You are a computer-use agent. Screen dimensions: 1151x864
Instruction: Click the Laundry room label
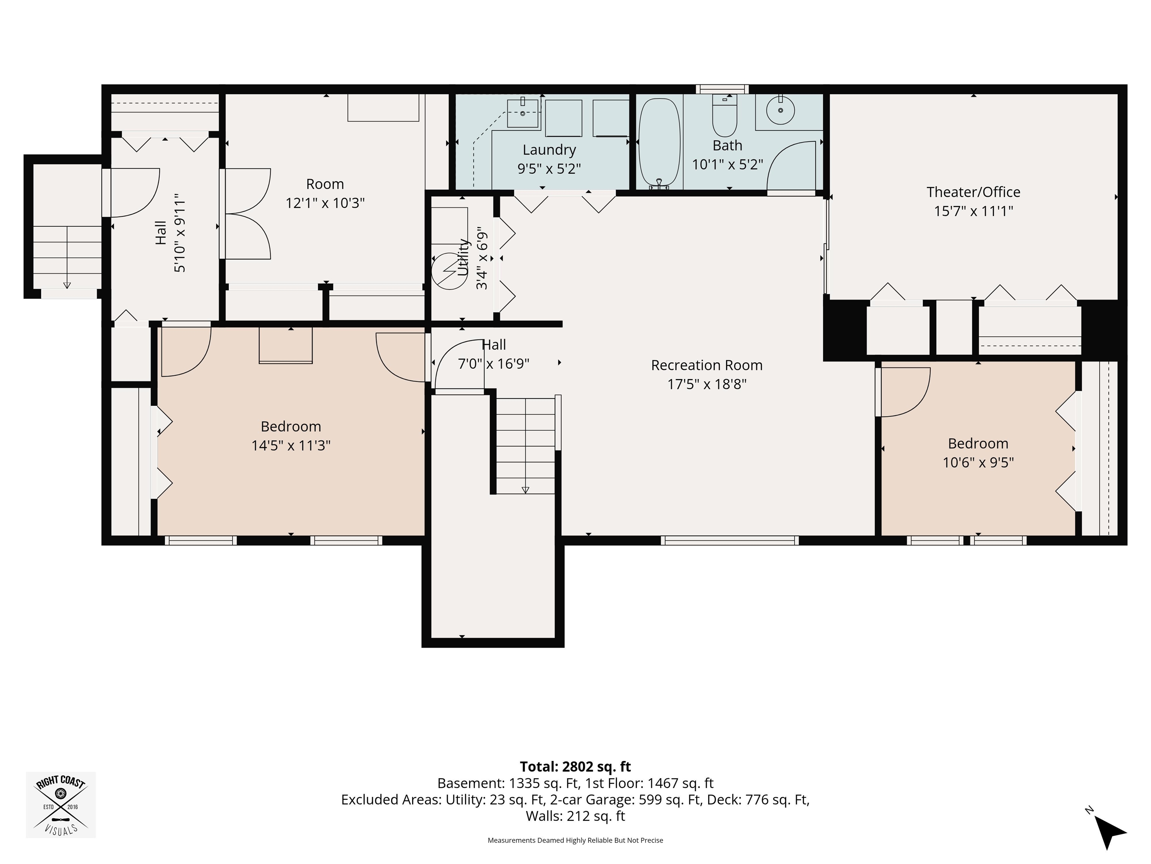click(549, 150)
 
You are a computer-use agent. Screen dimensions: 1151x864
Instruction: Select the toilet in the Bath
click(724, 115)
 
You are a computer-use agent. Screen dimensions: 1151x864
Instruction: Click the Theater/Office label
click(973, 192)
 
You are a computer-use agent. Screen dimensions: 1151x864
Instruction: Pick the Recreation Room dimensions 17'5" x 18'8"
click(707, 384)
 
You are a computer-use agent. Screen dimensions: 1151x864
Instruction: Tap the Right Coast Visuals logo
click(61, 805)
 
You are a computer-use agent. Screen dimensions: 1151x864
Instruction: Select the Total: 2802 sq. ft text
click(575, 766)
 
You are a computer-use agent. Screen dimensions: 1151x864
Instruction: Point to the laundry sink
click(522, 112)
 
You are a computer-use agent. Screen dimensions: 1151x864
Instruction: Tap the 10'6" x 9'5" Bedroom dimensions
click(978, 462)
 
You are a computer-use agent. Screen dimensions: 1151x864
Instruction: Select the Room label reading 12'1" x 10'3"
click(325, 193)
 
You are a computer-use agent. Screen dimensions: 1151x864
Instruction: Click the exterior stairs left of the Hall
click(67, 257)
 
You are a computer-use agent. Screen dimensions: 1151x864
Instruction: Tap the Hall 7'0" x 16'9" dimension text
click(493, 363)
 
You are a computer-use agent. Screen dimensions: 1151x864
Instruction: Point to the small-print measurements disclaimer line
click(575, 840)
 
